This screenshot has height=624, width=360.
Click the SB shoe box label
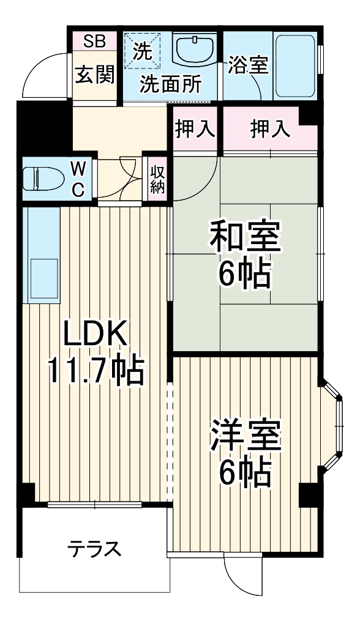coord(95,42)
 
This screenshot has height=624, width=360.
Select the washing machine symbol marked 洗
coord(142,50)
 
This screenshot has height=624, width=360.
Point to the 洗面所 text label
coord(170,85)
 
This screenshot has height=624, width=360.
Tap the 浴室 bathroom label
coord(248,65)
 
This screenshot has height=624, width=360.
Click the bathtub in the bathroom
coord(294,67)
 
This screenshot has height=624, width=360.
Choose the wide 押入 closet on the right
coord(269,129)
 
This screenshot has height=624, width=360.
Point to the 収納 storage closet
coord(157,177)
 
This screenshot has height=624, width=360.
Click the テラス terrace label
coord(93,548)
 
